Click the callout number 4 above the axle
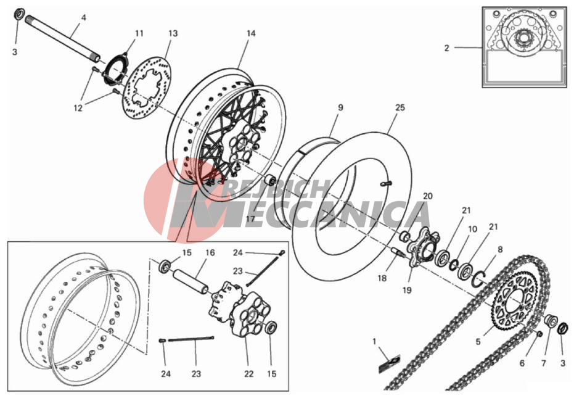pos(83,17)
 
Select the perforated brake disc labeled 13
pos(147,88)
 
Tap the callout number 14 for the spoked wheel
pos(251,33)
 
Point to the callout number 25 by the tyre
pos(400,108)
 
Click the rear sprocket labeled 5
pos(516,300)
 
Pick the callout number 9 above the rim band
pos(340,108)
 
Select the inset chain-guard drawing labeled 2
pos(524,47)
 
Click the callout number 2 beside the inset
pos(446,48)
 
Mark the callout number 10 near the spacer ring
pos(473,229)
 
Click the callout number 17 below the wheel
pos(250,219)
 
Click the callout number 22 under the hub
pos(249,374)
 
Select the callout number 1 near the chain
pos(374,341)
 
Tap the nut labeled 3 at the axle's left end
pos(19,14)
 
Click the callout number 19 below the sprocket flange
pos(407,290)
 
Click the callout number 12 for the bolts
pos(78,109)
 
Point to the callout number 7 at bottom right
pos(544,363)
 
